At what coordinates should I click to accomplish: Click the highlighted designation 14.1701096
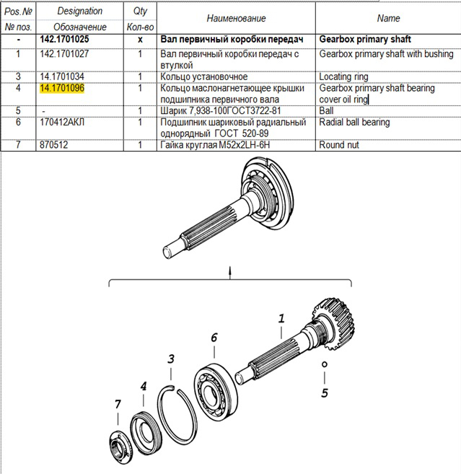pos(62,88)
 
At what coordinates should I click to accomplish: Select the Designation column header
pos(79,12)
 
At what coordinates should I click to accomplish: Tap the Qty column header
pos(140,12)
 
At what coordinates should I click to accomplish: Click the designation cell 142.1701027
pos(65,54)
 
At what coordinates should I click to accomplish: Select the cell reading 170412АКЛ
pos(62,123)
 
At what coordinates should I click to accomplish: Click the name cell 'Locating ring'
pos(345,76)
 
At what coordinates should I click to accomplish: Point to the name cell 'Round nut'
pos(339,145)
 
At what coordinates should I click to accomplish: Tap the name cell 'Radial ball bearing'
pos(354,123)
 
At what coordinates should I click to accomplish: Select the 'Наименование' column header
pos(236,18)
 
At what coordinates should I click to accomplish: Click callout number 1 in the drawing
pos(281,318)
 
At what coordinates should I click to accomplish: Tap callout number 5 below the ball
pos(325,393)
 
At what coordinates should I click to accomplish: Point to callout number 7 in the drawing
pos(118,405)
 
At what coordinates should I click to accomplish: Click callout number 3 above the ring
pos(171,359)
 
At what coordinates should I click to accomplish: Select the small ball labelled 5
pos(325,364)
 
